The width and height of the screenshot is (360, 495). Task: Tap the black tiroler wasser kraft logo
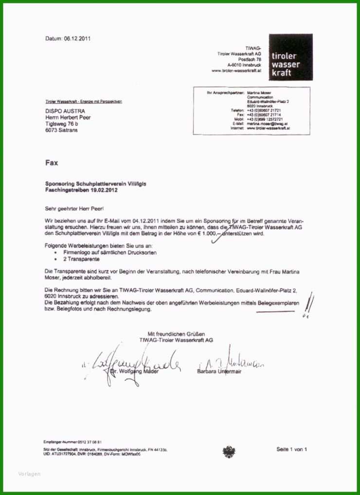(290, 57)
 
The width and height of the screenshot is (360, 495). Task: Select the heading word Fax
(52, 163)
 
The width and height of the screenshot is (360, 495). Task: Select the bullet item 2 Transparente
(79, 259)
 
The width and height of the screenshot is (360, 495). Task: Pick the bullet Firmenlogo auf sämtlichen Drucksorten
(109, 253)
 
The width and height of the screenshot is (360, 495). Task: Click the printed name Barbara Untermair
(219, 371)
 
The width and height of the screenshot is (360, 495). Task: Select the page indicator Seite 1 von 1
(291, 449)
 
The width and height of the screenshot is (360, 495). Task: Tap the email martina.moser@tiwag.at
(267, 124)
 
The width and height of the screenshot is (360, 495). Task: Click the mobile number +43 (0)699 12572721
(264, 119)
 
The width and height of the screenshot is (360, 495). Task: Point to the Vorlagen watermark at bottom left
(30, 474)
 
